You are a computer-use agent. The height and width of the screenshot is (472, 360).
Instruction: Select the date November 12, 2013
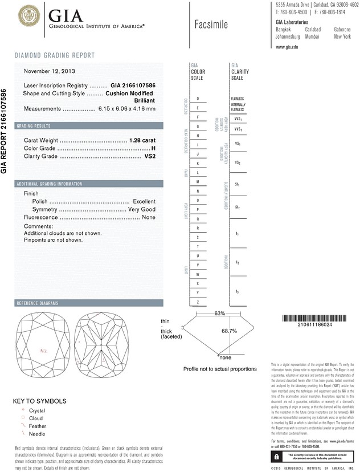[48, 71]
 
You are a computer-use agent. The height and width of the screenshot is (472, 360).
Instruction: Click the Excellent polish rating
[144, 202]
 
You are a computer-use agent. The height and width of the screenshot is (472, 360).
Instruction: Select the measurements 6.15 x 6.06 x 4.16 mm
[127, 108]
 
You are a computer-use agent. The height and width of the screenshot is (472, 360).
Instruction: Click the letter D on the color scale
[197, 99]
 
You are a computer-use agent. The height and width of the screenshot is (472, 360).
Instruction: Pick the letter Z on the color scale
[197, 301]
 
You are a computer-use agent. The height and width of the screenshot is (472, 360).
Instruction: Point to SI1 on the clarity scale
[237, 185]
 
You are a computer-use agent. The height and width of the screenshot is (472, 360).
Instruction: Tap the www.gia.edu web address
[287, 47]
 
